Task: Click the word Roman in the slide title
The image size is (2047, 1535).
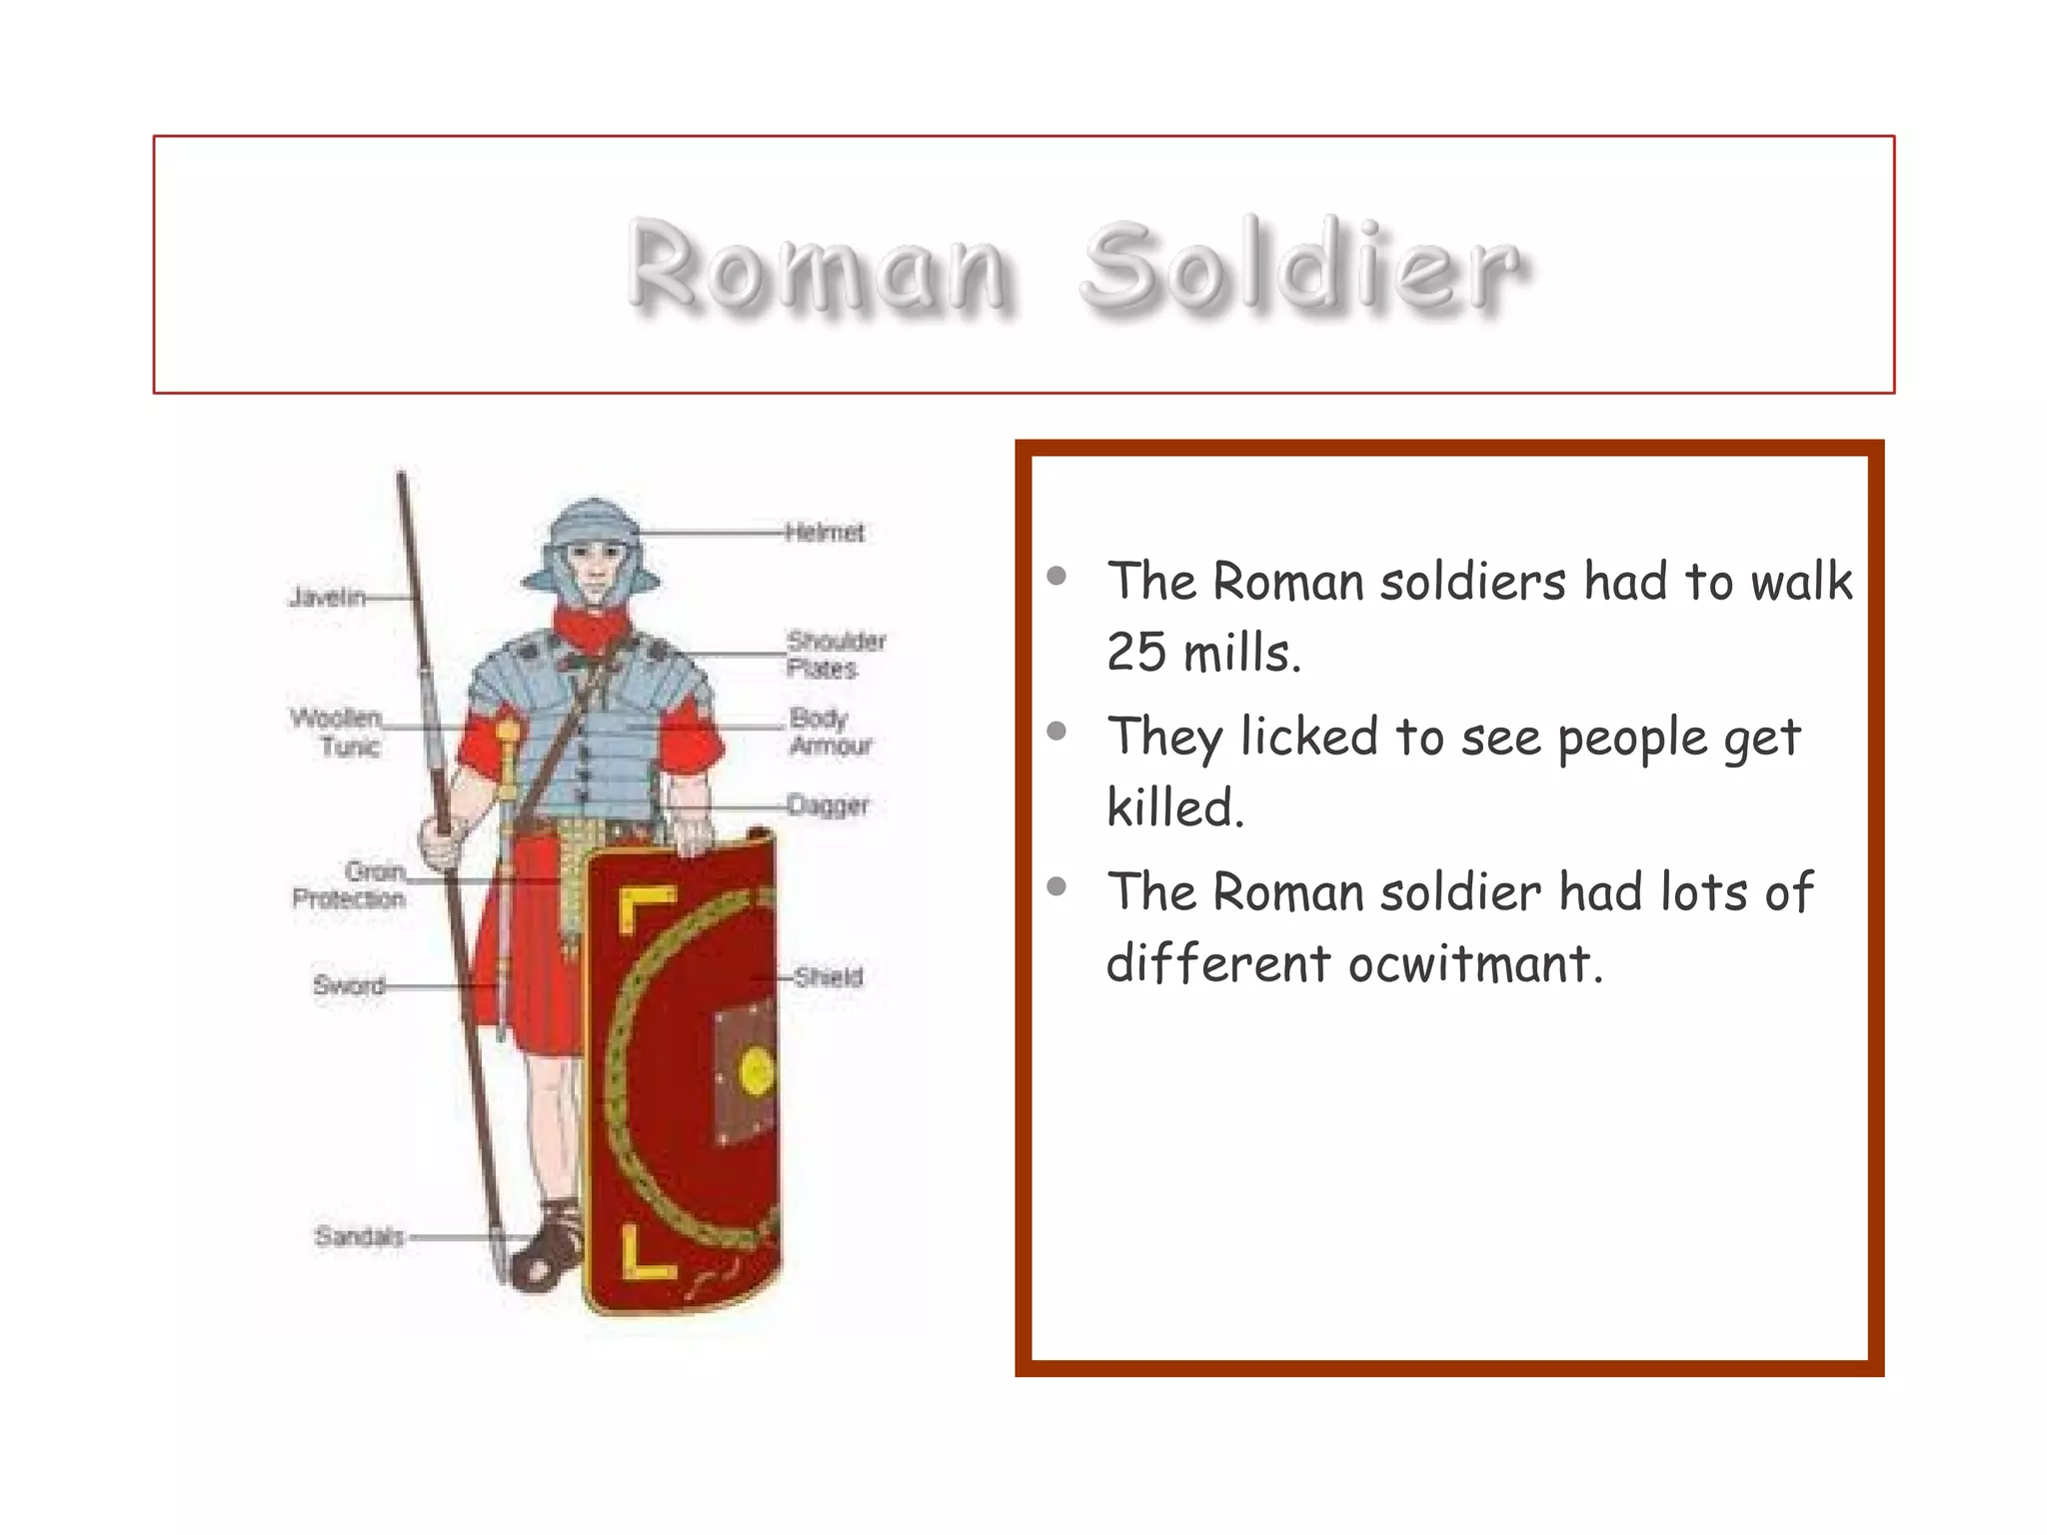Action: tap(818, 266)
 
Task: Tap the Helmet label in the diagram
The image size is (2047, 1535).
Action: tap(825, 532)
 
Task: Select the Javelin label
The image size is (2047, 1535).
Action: tap(327, 598)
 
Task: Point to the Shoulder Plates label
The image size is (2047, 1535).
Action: tap(836, 654)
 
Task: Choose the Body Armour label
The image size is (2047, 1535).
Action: tap(830, 732)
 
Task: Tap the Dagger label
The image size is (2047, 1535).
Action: tap(828, 804)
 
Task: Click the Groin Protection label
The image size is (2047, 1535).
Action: tap(349, 884)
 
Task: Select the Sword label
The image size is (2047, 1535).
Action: tap(349, 985)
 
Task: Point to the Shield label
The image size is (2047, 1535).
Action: tap(828, 976)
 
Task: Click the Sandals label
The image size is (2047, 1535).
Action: tap(359, 1236)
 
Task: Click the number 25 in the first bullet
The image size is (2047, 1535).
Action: tap(1136, 653)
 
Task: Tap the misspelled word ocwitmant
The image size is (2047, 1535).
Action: tap(1475, 963)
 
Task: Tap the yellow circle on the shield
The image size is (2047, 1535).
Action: tap(756, 1071)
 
